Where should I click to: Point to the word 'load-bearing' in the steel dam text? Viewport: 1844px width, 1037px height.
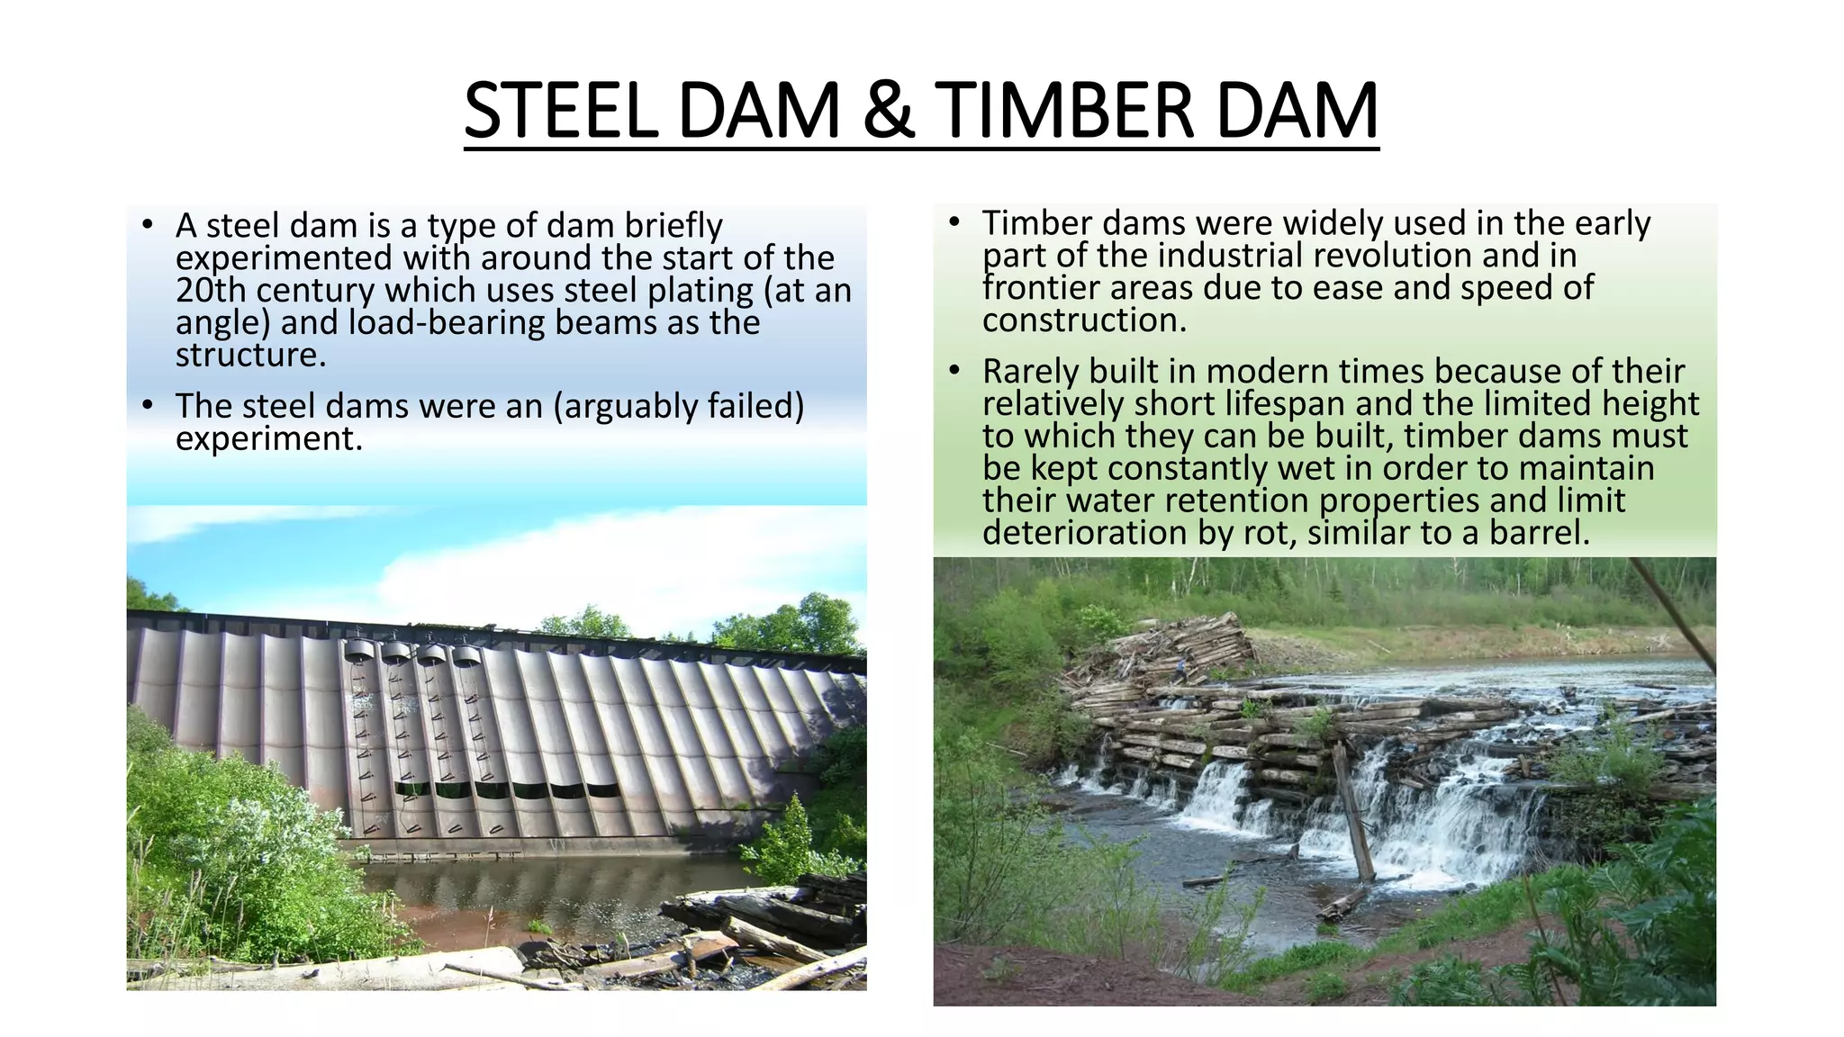[447, 323]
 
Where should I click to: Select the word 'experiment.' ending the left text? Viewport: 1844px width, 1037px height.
[268, 438]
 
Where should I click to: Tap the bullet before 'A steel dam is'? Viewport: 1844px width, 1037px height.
[149, 225]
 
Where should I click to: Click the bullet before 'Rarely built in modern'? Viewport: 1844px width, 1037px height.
[955, 371]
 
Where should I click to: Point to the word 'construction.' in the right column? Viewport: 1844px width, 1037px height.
[1084, 320]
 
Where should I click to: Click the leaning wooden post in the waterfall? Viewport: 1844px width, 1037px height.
[1353, 810]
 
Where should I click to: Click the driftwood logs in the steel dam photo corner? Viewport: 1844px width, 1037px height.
[765, 936]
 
